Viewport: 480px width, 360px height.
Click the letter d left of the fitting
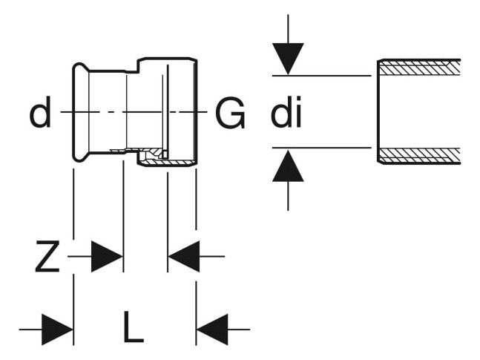click(40, 112)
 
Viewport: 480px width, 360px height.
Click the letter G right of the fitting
click(230, 113)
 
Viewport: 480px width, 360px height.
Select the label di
click(286, 112)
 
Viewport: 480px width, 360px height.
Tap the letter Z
click(47, 257)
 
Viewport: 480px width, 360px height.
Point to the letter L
click(134, 327)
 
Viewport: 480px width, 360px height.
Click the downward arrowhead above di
click(288, 59)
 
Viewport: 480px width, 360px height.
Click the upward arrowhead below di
click(288, 166)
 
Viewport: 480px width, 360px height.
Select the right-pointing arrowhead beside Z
click(107, 256)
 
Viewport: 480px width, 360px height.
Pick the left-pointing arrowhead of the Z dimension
click(184, 256)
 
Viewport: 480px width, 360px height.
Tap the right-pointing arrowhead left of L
click(58, 330)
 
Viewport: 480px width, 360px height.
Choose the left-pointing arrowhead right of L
click(212, 330)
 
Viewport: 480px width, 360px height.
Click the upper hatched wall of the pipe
click(420, 68)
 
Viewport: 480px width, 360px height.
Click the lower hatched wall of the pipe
click(420, 155)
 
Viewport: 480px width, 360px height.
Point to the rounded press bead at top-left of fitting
click(80, 68)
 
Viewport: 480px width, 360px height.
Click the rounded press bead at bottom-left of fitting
click(80, 157)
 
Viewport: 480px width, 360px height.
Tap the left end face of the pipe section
click(378, 111)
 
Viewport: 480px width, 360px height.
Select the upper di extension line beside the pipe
click(322, 76)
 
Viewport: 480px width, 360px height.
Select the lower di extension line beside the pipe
click(322, 148)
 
